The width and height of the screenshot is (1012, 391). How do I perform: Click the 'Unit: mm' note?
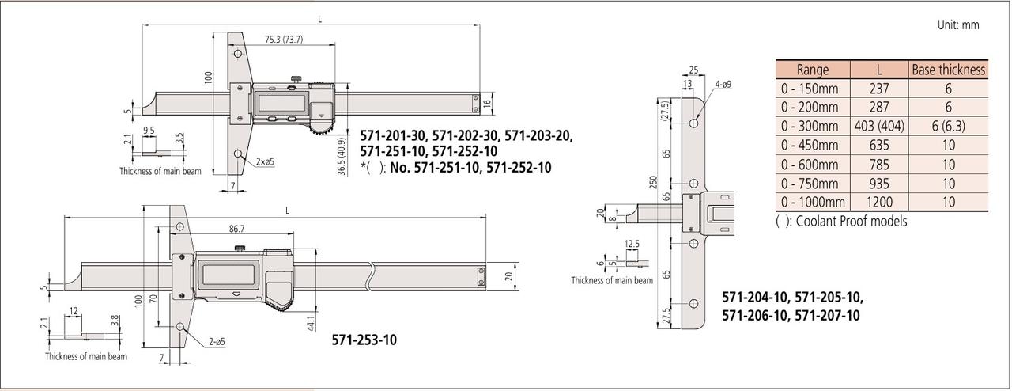pos(957,25)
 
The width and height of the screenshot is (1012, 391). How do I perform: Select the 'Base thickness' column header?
pos(948,70)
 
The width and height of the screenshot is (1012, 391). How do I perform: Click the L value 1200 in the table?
pos(879,202)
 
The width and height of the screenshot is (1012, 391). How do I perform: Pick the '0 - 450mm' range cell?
pos(810,146)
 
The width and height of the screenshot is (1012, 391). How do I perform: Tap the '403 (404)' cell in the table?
pos(879,127)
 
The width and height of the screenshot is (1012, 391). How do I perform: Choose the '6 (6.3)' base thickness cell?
pos(948,127)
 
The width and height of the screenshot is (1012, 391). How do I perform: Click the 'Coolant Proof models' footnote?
pos(841,222)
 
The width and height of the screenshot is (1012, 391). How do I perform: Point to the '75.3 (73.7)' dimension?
pos(284,40)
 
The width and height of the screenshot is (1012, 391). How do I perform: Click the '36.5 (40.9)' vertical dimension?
pos(342,157)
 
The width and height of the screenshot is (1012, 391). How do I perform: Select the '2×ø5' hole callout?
pos(265,161)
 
